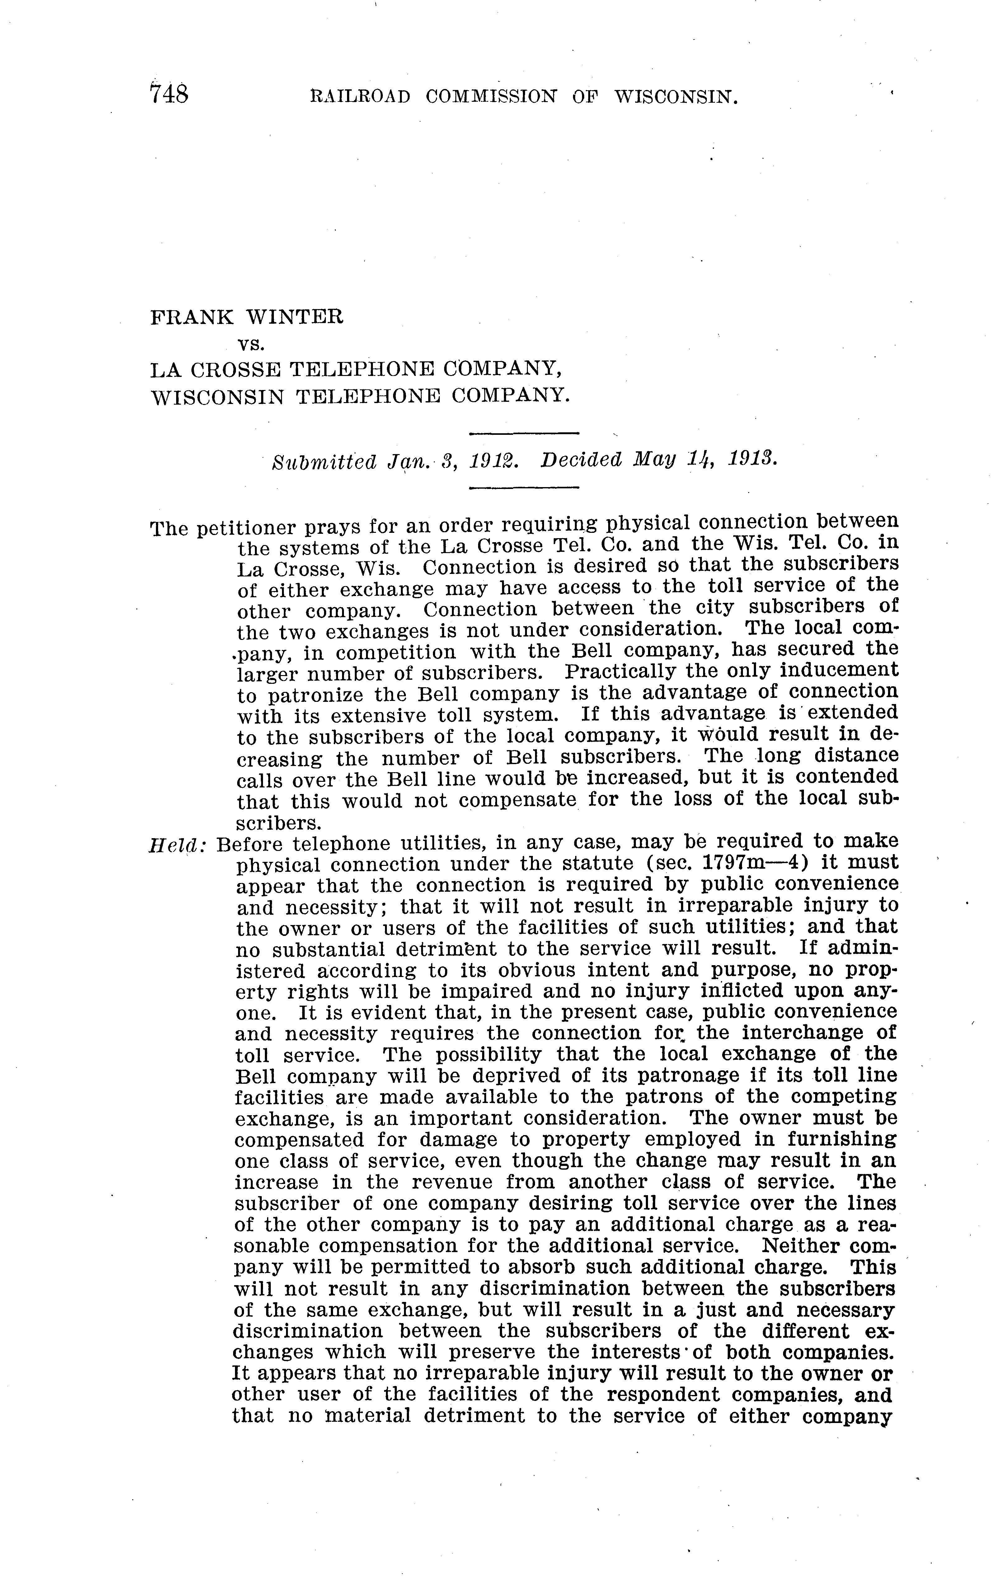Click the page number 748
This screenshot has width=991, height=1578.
click(x=169, y=95)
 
